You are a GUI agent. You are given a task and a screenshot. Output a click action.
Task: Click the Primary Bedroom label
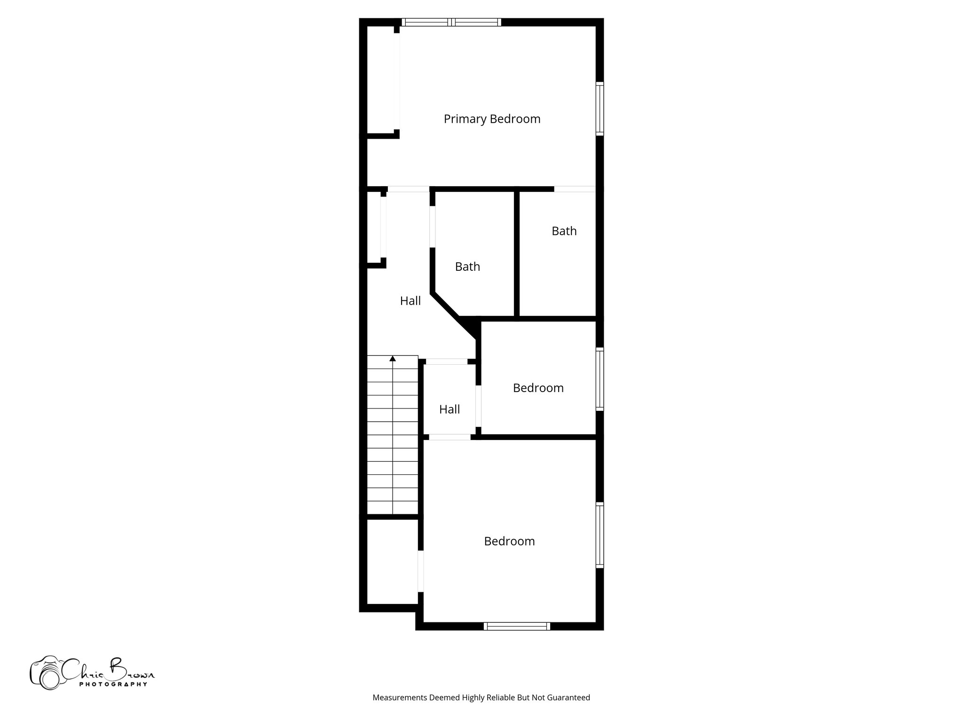click(492, 119)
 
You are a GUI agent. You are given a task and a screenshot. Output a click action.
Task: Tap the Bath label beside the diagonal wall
click(467, 267)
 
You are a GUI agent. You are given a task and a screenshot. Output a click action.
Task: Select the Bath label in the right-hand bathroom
click(564, 231)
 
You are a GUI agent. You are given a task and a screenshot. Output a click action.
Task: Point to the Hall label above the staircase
click(410, 301)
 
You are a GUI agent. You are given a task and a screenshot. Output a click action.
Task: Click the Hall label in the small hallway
click(450, 409)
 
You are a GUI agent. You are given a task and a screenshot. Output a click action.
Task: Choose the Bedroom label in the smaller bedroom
click(538, 388)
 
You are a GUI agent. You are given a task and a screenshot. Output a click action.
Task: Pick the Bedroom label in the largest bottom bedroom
click(509, 541)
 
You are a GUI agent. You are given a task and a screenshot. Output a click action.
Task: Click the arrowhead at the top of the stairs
click(393, 359)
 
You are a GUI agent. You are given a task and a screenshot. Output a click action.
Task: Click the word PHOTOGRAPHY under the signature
click(113, 684)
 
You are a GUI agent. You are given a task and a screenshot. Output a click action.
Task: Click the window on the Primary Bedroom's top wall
click(451, 22)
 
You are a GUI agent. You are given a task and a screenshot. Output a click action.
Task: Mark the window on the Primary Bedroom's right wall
click(600, 109)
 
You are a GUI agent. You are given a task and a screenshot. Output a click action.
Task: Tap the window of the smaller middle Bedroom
click(600, 379)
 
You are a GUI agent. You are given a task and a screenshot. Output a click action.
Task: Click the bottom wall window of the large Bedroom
click(517, 626)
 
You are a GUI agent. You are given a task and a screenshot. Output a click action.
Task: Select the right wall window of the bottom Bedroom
click(600, 535)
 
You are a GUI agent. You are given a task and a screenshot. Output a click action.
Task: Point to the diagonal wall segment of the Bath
click(445, 305)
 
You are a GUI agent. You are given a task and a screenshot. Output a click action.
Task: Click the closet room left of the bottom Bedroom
click(392, 562)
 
